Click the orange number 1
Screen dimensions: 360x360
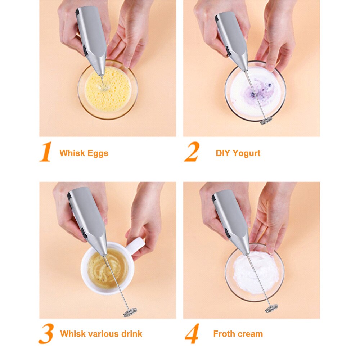[x=46, y=152]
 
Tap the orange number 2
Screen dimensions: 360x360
[x=192, y=152]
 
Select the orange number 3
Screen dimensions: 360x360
[x=46, y=334]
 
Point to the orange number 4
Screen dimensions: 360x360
[x=192, y=334]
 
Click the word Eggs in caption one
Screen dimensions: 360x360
[x=96, y=153]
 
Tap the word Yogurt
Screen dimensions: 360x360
[x=247, y=153]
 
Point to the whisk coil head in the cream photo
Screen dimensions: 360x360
[x=271, y=309]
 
